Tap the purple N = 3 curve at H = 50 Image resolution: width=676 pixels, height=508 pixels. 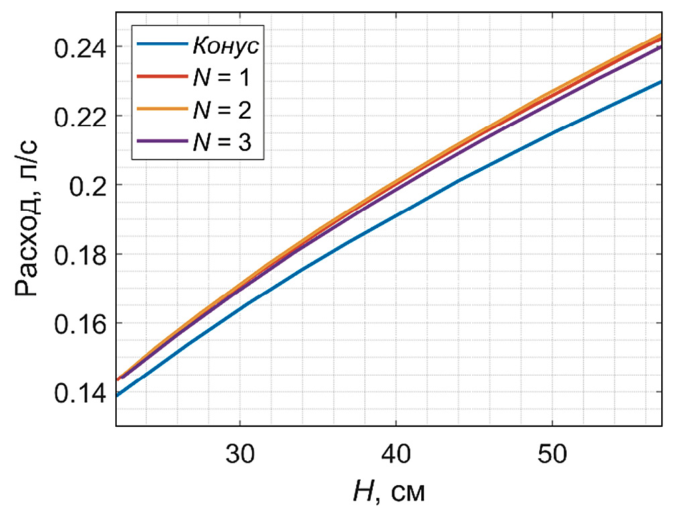coord(551,99)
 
